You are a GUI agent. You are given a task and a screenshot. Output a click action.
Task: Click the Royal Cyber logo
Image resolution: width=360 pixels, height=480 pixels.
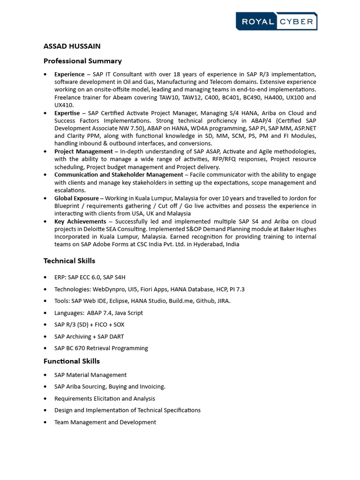click(x=276, y=21)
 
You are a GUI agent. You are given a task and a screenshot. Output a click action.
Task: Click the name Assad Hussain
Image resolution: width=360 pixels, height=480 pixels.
click(x=72, y=46)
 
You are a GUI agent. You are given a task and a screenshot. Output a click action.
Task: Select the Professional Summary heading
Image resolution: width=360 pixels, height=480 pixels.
click(x=82, y=61)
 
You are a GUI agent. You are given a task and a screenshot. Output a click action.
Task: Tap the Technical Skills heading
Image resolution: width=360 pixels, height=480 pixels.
click(x=69, y=261)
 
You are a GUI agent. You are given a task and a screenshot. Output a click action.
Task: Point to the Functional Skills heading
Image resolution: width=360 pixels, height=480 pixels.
click(x=72, y=361)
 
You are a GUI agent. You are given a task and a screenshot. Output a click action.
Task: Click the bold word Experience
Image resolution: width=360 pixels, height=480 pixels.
click(x=69, y=74)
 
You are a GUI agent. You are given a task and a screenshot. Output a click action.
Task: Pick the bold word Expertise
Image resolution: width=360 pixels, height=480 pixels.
click(x=67, y=113)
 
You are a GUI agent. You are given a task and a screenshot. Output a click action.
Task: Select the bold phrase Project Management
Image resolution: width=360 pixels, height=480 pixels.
click(x=83, y=151)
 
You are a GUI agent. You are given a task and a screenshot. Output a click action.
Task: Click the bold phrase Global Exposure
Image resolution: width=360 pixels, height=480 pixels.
click(x=76, y=198)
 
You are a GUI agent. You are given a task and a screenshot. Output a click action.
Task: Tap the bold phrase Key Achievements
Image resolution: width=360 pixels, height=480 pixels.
click(x=80, y=221)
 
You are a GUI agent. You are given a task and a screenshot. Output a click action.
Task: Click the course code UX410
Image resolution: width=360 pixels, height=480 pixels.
click(x=64, y=105)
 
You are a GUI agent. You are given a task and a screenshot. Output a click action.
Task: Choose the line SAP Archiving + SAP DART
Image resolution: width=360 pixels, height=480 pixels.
click(x=89, y=337)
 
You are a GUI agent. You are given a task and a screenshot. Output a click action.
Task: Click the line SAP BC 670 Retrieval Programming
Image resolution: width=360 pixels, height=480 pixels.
click(x=101, y=348)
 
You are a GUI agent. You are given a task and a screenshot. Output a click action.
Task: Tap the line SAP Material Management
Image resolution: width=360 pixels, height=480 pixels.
click(x=90, y=375)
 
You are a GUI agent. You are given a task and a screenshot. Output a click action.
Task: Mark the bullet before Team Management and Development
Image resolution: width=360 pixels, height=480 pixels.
click(x=45, y=422)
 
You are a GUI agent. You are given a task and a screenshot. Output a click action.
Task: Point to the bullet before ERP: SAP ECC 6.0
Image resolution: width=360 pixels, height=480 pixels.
click(x=45, y=277)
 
